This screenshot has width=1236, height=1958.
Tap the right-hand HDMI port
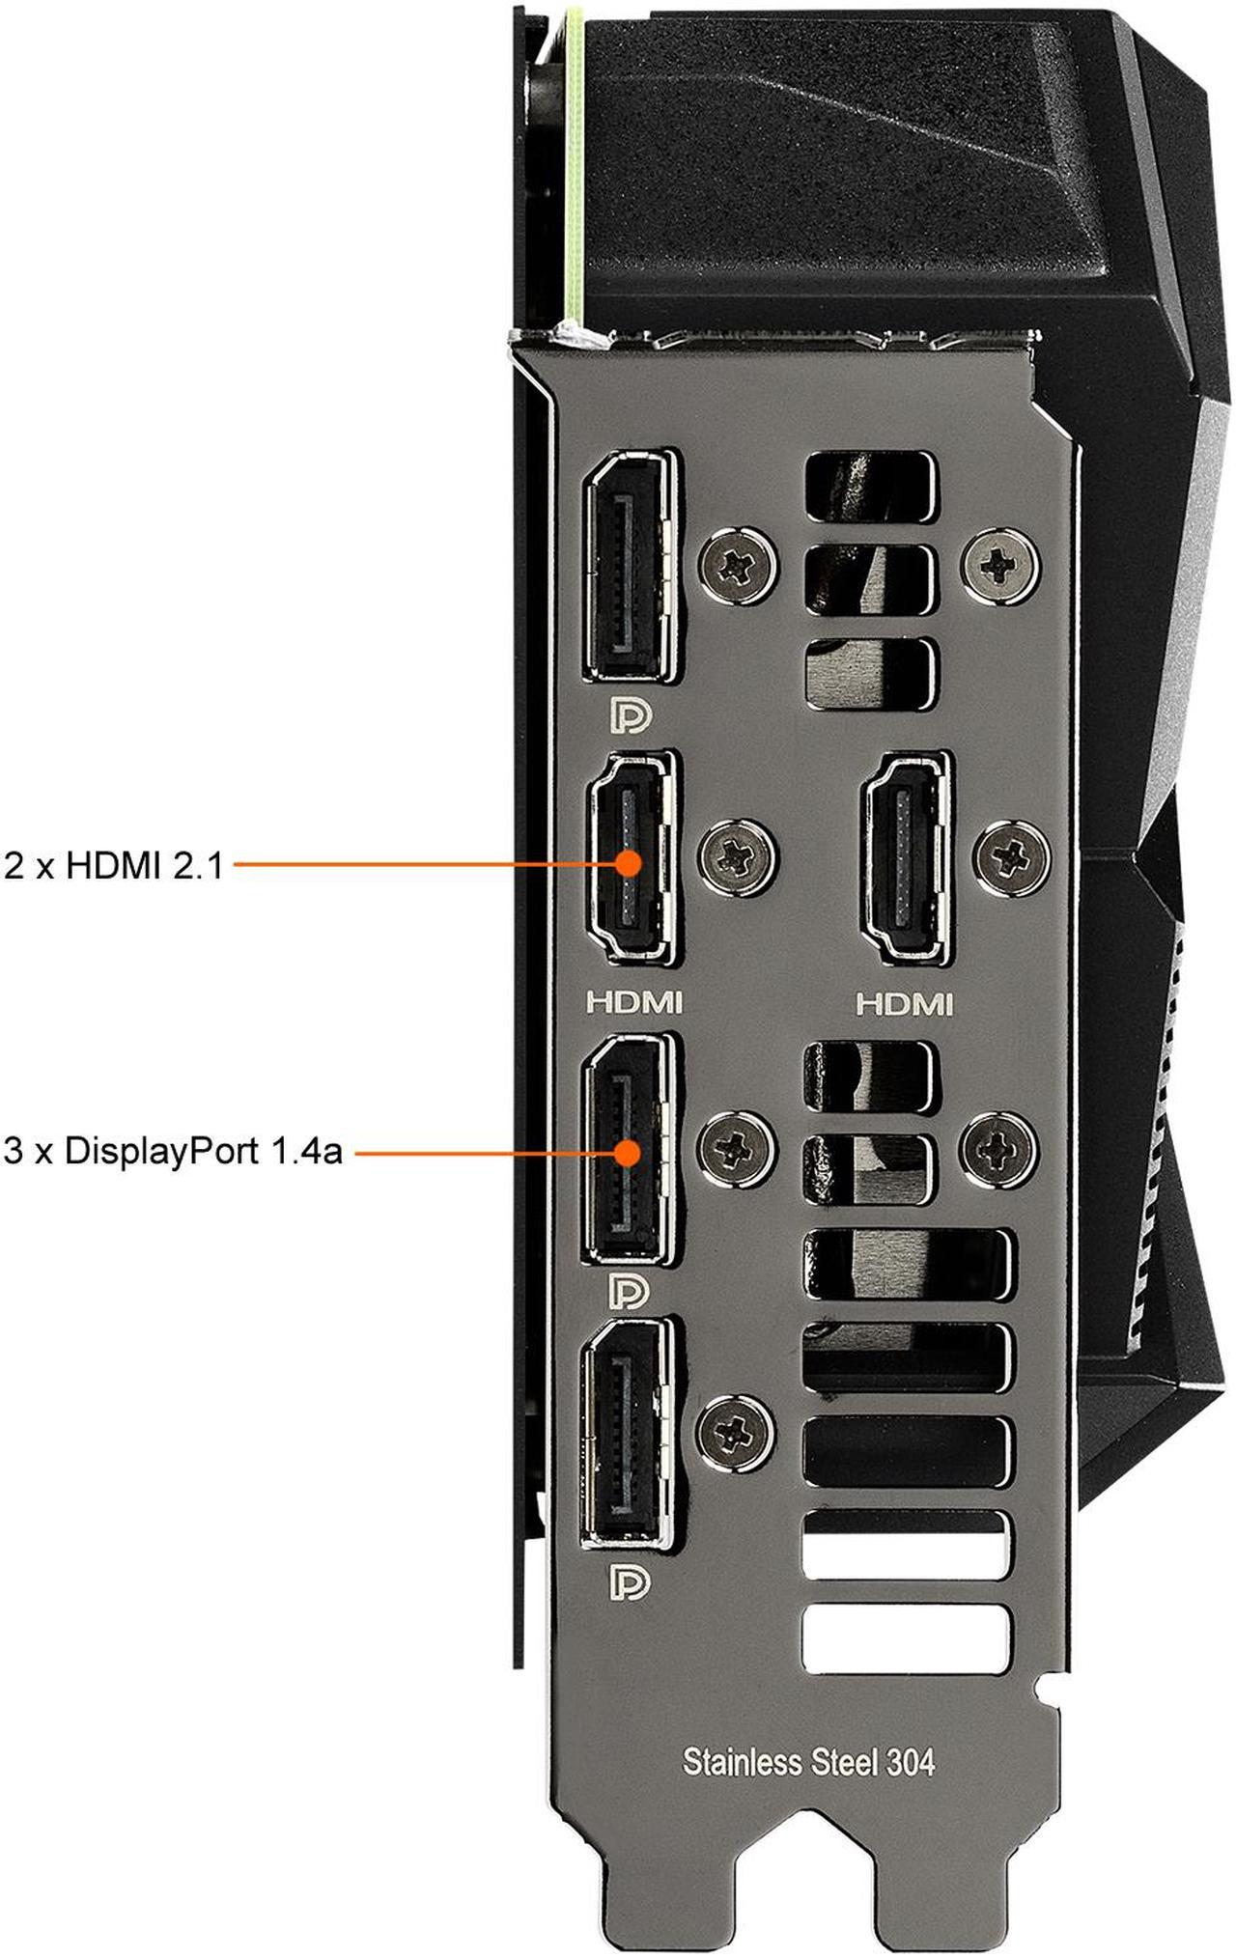[905, 858]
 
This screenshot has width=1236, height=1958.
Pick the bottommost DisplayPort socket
[629, 1433]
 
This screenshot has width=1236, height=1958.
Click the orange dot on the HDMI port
[629, 863]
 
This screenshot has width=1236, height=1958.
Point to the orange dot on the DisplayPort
[629, 1153]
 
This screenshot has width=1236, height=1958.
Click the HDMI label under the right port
[905, 1005]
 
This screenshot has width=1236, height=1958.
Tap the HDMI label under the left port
[634, 1003]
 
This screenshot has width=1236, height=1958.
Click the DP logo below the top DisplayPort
[631, 716]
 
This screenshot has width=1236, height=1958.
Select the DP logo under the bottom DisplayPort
[631, 1583]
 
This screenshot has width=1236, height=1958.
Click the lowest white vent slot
[907, 1638]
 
